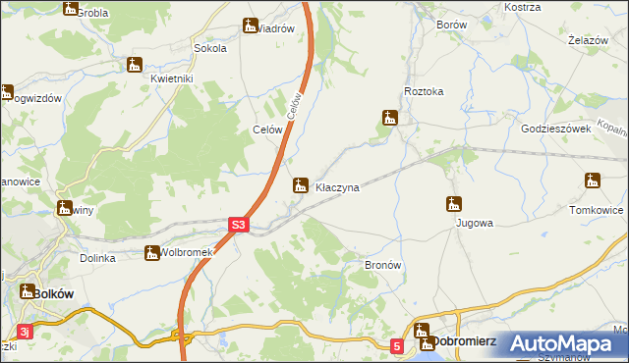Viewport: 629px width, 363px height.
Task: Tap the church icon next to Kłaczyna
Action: (x=301, y=183)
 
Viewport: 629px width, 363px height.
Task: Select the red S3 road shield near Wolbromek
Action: (x=238, y=226)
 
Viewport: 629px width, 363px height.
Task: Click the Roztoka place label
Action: (x=424, y=91)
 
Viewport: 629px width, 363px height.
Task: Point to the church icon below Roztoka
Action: (x=390, y=119)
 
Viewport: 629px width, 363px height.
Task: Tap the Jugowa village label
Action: (x=474, y=223)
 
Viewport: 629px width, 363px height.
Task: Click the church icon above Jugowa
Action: (x=453, y=204)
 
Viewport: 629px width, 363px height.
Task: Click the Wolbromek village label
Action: (x=187, y=253)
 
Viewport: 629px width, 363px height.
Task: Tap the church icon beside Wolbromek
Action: (x=152, y=253)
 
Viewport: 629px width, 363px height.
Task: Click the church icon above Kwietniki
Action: (x=135, y=66)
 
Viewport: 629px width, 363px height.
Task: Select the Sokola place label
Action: (x=210, y=47)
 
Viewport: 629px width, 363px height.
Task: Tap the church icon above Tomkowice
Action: (x=592, y=181)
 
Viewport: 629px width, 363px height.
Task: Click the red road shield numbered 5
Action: (x=396, y=345)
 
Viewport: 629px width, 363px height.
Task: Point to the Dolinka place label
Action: (x=98, y=258)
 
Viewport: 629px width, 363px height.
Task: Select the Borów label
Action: (x=451, y=26)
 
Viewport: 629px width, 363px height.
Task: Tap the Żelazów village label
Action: (x=587, y=41)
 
